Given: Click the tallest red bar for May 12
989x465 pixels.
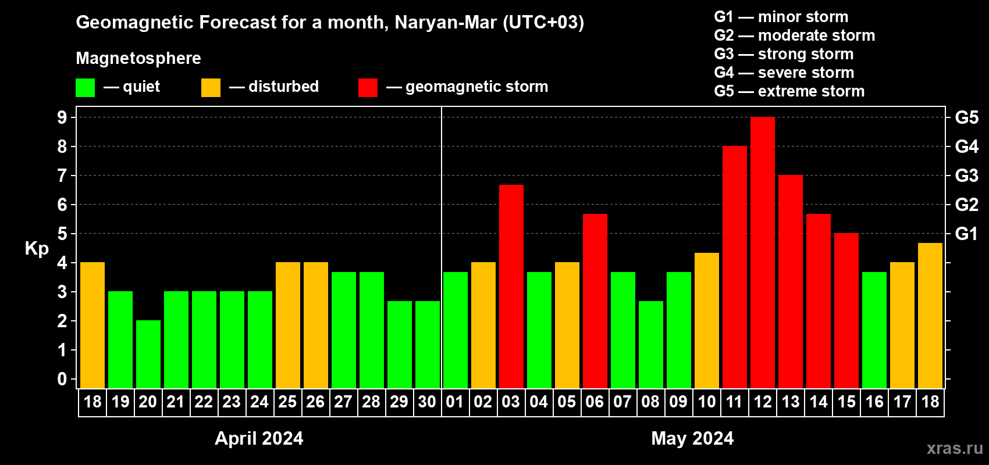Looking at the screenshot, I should [762, 253].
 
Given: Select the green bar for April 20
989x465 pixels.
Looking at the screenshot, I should [148, 354].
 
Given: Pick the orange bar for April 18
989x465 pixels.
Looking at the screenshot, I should [92, 325].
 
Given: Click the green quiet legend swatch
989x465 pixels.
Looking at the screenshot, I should [85, 88].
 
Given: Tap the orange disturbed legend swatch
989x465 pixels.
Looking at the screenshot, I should [211, 88].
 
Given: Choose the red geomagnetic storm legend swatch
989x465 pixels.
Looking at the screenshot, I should [368, 88].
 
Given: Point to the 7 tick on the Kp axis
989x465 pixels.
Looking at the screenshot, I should [62, 176].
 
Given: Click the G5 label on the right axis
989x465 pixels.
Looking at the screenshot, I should [966, 117].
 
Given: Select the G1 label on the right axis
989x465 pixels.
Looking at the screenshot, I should [966, 234].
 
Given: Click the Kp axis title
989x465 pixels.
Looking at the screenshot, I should [37, 248].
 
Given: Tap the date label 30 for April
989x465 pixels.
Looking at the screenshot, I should [427, 402].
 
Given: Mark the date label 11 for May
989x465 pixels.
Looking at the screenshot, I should [734, 402].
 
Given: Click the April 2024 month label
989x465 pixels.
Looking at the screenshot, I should [259, 438].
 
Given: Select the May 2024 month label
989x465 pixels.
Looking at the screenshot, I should [692, 438].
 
